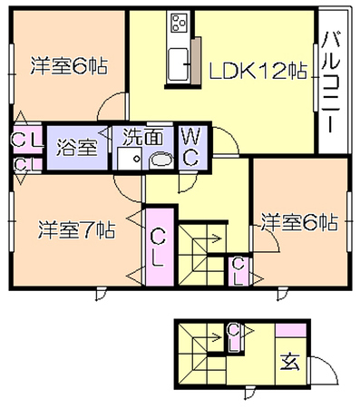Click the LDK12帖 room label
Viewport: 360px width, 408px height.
click(x=258, y=72)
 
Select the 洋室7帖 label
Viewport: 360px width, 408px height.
click(x=76, y=230)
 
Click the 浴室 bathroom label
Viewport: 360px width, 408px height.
click(x=77, y=148)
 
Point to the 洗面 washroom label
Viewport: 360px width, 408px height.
click(x=143, y=137)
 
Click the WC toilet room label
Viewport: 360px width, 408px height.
click(x=191, y=146)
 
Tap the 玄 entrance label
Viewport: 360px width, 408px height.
click(x=290, y=362)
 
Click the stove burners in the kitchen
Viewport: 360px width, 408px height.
click(x=178, y=24)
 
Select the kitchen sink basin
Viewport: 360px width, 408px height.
click(x=178, y=64)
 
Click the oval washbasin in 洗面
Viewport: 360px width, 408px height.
click(x=161, y=160)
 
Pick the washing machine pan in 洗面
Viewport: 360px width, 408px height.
click(x=130, y=159)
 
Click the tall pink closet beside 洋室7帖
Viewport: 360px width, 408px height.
click(x=160, y=247)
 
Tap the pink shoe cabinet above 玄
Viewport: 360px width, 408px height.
click(x=291, y=330)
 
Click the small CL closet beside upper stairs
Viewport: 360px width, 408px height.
click(x=238, y=271)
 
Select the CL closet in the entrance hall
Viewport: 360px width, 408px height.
click(x=233, y=337)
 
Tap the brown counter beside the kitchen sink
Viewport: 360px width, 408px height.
click(x=196, y=61)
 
